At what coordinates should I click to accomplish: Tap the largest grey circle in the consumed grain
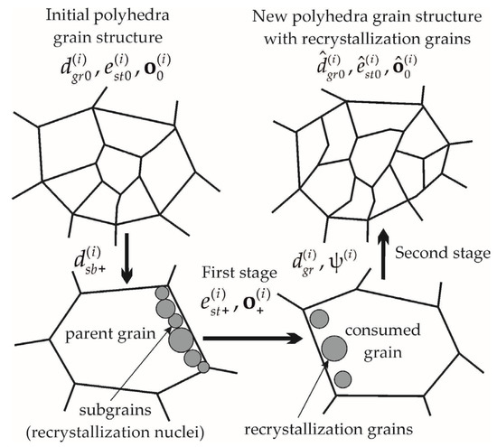pyautogui.click(x=336, y=349)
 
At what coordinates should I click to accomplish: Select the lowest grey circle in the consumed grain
pyautogui.click(x=342, y=378)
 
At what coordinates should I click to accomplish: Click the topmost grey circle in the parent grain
pyautogui.click(x=163, y=293)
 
